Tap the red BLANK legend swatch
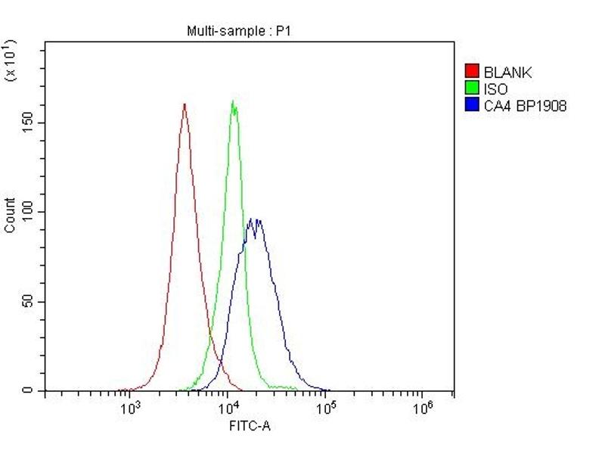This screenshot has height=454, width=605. [x=472, y=73]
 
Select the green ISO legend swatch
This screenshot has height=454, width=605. [x=472, y=89]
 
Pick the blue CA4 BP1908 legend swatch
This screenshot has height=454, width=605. [x=472, y=105]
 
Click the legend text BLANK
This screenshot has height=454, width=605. [x=508, y=73]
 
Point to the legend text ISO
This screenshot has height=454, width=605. [x=495, y=89]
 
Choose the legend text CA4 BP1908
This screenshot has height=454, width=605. [x=525, y=105]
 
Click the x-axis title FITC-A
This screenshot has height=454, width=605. [x=250, y=426]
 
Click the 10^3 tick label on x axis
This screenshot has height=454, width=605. [x=130, y=409]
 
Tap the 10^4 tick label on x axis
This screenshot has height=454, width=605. [x=228, y=409]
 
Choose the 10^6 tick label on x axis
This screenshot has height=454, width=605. [x=423, y=409]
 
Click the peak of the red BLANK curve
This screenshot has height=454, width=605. [x=185, y=104]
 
